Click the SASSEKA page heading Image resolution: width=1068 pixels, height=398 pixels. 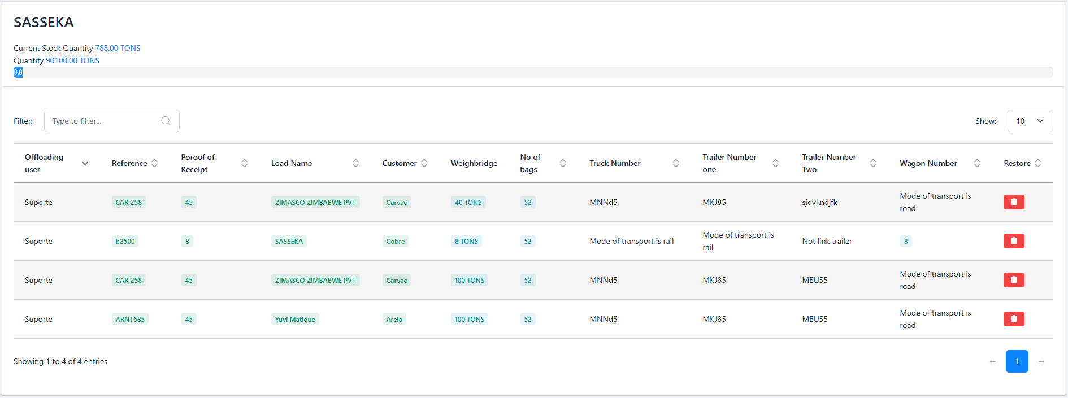click(44, 22)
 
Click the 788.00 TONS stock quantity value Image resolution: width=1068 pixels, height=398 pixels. click(118, 48)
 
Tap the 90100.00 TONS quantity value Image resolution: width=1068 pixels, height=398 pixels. click(72, 60)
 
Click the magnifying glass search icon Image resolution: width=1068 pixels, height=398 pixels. click(166, 121)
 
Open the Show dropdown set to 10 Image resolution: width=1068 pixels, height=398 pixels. click(1030, 121)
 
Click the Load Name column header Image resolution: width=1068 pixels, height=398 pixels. click(292, 163)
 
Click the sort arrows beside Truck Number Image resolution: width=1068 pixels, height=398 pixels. click(676, 163)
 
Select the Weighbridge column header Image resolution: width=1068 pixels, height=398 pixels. click(474, 163)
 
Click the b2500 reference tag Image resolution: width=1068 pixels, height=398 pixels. click(125, 241)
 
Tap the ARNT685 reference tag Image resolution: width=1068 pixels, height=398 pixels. click(130, 319)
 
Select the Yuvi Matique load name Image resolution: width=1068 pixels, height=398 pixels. click(295, 319)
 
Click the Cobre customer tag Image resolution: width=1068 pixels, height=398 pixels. click(396, 241)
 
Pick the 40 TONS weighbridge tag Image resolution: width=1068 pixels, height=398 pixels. click(468, 202)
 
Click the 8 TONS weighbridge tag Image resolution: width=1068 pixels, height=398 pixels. click(466, 241)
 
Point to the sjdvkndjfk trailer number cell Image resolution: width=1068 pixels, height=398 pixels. click(819, 202)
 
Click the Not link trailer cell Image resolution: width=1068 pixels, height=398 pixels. click(827, 241)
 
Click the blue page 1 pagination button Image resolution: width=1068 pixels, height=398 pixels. click(1017, 361)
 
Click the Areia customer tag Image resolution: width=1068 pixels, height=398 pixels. click(394, 319)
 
